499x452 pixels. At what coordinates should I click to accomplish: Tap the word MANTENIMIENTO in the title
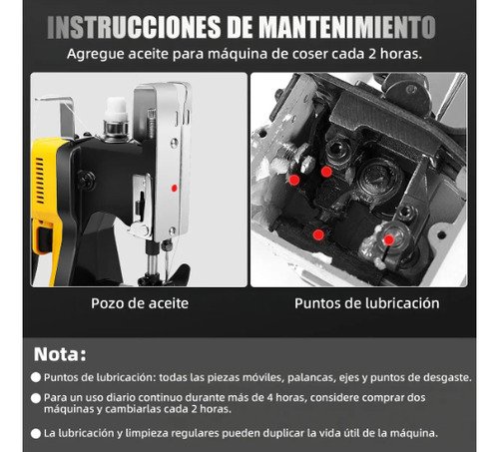(x=347, y=27)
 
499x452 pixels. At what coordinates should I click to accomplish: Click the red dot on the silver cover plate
(x=174, y=189)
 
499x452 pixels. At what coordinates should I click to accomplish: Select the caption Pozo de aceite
(x=140, y=303)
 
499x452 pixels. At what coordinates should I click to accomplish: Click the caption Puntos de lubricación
(x=367, y=303)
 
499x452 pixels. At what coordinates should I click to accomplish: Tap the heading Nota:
(x=60, y=354)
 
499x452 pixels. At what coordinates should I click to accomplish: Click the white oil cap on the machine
(x=116, y=109)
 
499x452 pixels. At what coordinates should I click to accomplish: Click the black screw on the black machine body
(x=87, y=181)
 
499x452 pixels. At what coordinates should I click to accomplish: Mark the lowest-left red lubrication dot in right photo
(x=318, y=234)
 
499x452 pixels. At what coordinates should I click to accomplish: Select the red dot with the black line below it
(x=388, y=239)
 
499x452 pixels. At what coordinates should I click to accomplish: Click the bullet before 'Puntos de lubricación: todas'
(x=36, y=377)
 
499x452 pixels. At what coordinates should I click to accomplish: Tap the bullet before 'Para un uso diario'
(x=36, y=398)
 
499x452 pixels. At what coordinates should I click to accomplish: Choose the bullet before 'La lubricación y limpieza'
(x=36, y=434)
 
